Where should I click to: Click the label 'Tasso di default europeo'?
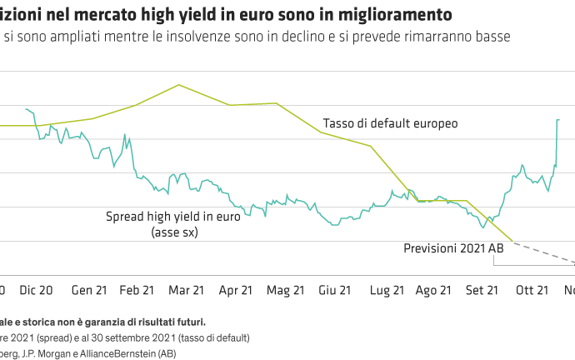[391, 123]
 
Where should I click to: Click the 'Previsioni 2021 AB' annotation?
[454, 248]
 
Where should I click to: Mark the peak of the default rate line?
[178, 85]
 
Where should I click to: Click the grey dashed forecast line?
[546, 254]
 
